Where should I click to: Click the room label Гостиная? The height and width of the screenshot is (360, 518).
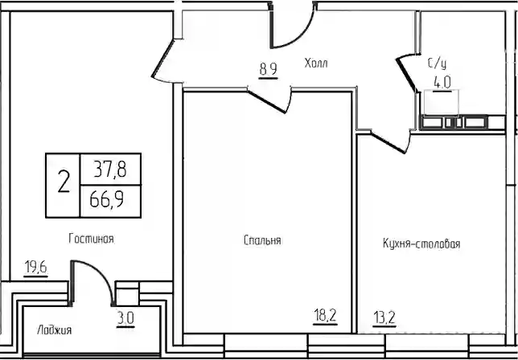92,239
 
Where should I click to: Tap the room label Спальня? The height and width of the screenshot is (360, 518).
262,240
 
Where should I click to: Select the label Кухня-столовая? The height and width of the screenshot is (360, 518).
421,243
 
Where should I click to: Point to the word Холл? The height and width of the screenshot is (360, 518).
316,63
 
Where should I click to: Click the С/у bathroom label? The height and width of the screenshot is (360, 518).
437,63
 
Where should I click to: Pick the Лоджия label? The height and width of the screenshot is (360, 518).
54,329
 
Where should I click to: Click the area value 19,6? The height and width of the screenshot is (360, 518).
36,268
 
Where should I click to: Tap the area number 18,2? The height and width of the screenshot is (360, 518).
325,316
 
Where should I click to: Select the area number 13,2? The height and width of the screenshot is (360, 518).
384,318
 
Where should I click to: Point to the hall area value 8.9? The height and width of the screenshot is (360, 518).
268,69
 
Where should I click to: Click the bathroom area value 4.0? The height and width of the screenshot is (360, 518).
442,82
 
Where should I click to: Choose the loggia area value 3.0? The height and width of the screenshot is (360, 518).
125,319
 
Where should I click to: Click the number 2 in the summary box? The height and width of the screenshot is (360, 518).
64,182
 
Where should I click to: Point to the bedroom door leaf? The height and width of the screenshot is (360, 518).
267,101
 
